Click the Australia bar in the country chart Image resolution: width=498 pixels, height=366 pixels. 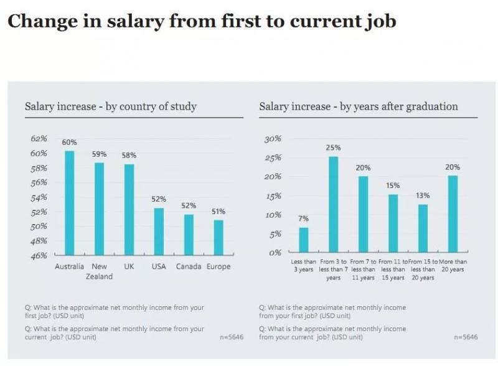70,202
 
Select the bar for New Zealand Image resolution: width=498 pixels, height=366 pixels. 99,209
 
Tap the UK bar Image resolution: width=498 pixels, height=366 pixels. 129,209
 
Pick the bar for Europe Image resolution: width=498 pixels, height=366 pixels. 218,237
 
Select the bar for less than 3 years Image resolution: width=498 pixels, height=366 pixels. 303,240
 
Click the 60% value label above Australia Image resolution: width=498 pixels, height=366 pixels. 70,143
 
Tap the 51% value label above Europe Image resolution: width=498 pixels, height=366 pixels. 218,212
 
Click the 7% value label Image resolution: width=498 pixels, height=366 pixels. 303,219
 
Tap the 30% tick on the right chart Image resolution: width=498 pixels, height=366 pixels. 273,139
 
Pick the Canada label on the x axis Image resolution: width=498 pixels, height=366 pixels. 189,266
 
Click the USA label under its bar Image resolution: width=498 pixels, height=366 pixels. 159,266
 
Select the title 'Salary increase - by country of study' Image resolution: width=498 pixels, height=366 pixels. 111,106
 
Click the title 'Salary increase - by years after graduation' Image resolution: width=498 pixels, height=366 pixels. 358,106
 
